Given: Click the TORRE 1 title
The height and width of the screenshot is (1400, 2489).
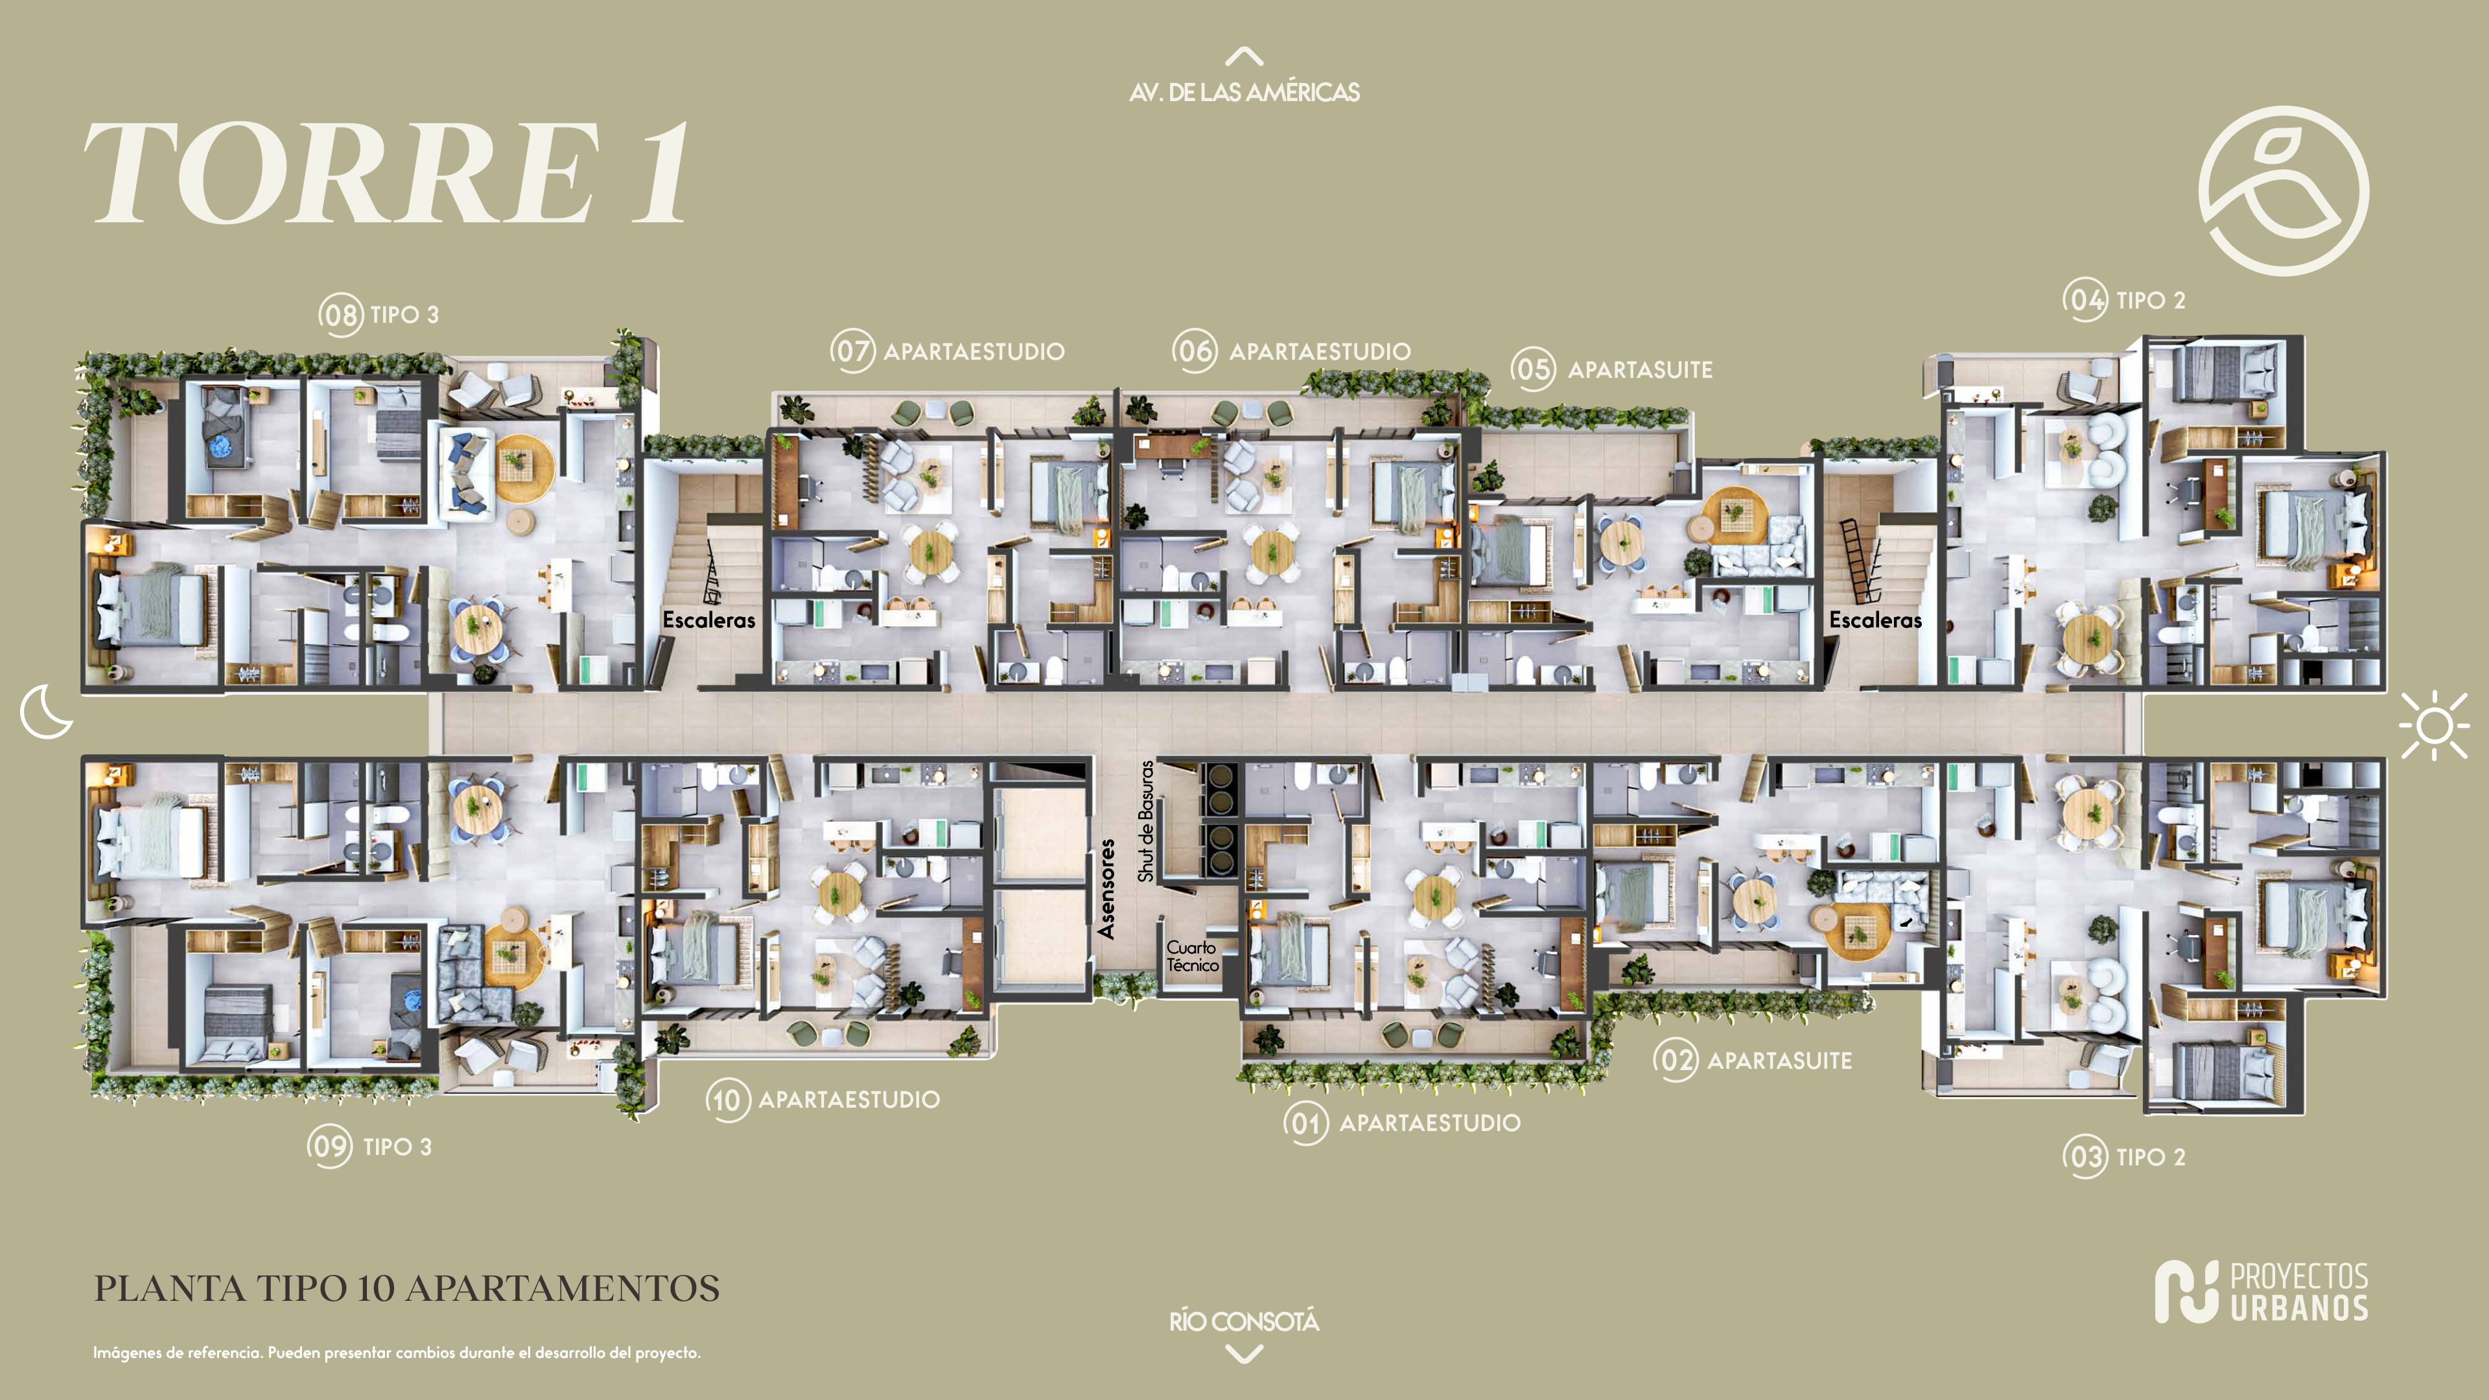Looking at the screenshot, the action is [x=386, y=174].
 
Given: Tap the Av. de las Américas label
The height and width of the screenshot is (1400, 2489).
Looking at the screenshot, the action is [x=1244, y=93].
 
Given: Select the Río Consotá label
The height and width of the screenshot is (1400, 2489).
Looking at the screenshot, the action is [x=1244, y=1321].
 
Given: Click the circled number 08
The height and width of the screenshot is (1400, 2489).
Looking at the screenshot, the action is [x=341, y=315].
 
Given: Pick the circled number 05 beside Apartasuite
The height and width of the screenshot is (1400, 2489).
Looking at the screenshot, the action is [x=1534, y=369].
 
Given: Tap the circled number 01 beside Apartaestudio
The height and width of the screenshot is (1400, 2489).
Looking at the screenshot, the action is [x=1305, y=1123].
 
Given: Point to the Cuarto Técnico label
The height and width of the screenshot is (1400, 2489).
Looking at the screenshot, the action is [x=1191, y=955].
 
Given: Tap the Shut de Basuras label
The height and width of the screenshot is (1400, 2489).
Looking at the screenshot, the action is [x=1146, y=821].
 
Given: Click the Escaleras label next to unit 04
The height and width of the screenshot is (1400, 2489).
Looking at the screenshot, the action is [x=1875, y=620].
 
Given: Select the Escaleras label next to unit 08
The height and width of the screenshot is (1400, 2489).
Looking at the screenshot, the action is [x=709, y=620].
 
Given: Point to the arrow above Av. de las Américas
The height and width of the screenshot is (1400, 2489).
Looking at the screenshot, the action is [x=1244, y=56].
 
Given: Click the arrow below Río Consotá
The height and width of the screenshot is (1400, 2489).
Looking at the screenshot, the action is [x=1244, y=1355].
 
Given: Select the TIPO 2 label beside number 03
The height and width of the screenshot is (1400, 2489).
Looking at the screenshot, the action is [x=2151, y=1156].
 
